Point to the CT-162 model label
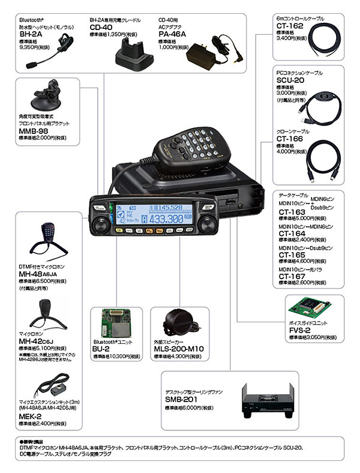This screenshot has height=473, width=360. click(x=289, y=26)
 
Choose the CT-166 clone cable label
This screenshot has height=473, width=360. click(x=289, y=137)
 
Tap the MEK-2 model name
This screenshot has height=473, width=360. click(x=30, y=415)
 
